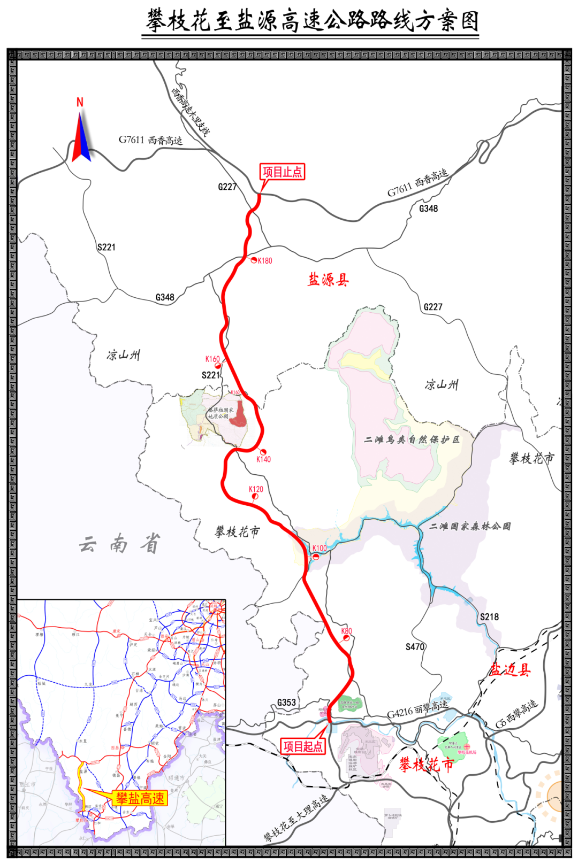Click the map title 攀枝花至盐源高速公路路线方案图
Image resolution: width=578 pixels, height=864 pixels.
[312, 21]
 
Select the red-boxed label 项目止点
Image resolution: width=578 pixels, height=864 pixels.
[282, 172]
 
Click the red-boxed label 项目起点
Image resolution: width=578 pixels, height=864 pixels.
[303, 746]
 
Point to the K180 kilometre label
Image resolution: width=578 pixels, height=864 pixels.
[265, 261]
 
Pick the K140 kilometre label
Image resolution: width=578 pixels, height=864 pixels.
[263, 459]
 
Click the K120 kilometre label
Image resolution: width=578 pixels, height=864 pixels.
[256, 489]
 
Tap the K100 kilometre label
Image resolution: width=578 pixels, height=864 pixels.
[320, 548]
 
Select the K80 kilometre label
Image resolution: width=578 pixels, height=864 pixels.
[347, 631]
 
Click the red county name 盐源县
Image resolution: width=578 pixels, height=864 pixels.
[328, 280]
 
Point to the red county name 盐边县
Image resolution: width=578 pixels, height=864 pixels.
[510, 670]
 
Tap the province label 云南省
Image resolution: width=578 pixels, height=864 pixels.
[120, 544]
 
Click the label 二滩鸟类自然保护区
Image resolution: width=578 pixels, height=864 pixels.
[412, 439]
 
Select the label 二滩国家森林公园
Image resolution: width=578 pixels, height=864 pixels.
[470, 526]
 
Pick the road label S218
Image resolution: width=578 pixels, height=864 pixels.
[489, 616]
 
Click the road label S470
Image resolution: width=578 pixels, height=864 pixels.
[415, 647]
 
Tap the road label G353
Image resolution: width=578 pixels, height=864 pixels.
[286, 703]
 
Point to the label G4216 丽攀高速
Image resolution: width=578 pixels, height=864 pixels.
[417, 709]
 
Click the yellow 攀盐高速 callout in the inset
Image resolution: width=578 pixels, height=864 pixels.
[140, 799]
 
